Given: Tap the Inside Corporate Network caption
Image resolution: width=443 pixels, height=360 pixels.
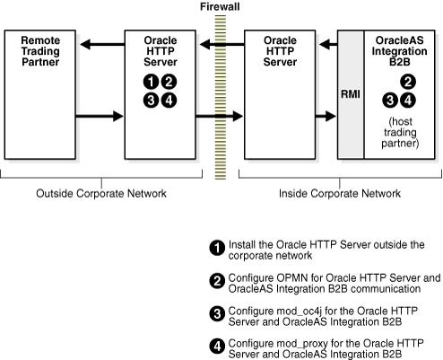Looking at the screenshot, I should point(339,192).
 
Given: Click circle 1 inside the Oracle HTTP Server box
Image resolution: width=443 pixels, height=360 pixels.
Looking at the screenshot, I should point(151,82).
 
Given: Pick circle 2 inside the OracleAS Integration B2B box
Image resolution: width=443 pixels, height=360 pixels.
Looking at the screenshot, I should point(407,82).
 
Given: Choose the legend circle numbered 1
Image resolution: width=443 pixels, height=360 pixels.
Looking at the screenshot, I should point(215,248).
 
